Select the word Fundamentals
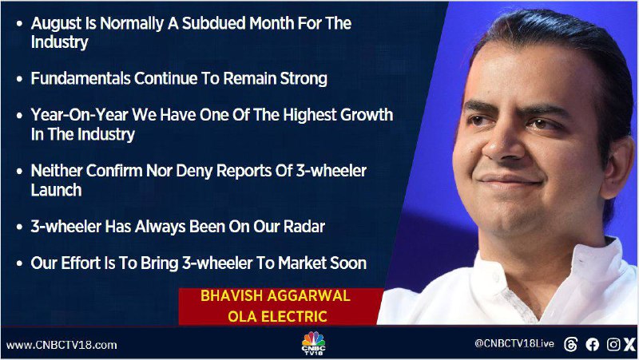[81, 78]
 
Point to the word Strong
[304, 78]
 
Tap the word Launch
[56, 190]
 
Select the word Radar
[304, 227]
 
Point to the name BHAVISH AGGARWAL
[275, 295]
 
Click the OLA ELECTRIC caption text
[277, 316]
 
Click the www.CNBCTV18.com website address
[62, 346]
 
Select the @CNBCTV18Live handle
[514, 344]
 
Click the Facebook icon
[592, 345]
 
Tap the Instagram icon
[613, 345]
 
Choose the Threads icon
[570, 345]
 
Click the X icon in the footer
[630, 345]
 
